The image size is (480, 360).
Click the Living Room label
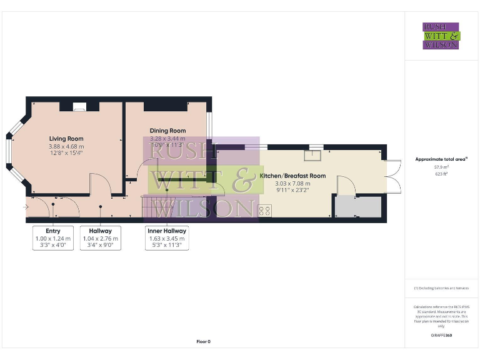(x=66, y=139)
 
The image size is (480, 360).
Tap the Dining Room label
(x=167, y=131)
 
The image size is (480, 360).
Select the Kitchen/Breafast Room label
(x=292, y=176)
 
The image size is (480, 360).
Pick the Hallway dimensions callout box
(x=100, y=238)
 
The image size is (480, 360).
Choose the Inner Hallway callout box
(x=166, y=238)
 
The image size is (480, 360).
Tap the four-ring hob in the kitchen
(x=264, y=211)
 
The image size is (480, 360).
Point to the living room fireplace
(x=79, y=107)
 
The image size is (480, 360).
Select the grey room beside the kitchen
(x=358, y=206)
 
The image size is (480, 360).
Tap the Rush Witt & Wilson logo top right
(x=441, y=36)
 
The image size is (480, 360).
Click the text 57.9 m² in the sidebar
(x=441, y=167)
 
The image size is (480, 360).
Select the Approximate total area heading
(x=441, y=159)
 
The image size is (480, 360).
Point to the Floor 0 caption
(x=204, y=342)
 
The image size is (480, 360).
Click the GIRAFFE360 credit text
(x=441, y=336)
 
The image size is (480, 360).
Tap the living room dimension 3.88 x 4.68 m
(x=66, y=146)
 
